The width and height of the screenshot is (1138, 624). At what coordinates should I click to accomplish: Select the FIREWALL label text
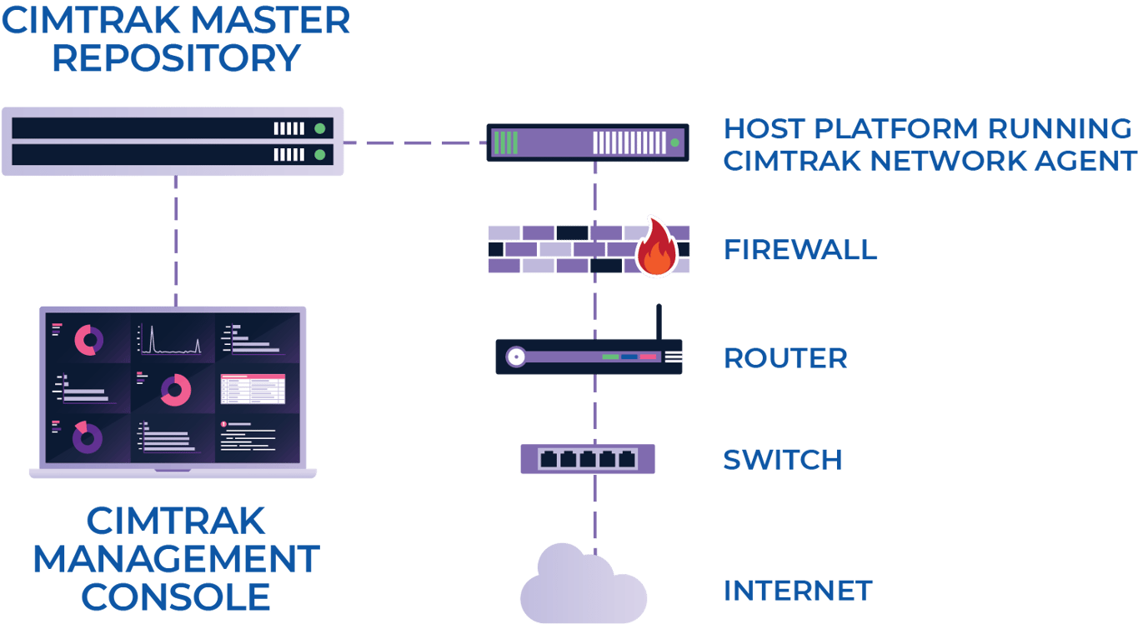800,250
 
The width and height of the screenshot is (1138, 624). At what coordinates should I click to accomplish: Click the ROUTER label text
785,358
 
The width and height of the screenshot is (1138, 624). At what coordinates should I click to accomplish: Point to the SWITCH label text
782,460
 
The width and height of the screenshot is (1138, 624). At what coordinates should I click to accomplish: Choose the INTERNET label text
797,591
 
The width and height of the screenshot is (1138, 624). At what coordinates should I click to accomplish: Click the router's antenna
659,322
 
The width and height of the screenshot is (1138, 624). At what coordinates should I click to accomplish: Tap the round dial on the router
516,357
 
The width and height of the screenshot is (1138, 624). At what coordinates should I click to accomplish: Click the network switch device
588,459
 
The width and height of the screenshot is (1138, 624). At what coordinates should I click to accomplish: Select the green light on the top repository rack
319,129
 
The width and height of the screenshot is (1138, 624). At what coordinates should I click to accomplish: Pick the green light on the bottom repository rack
319,155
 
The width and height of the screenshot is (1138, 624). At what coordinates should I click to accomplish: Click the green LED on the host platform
674,143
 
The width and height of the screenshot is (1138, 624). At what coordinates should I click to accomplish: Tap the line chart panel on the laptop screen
172,338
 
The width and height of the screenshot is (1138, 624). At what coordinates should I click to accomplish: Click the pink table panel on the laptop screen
253,389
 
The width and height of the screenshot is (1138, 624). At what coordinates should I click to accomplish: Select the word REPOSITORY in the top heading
175,58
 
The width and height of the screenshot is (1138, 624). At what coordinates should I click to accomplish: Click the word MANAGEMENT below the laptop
175,559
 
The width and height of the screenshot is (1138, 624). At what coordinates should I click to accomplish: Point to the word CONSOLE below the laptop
175,597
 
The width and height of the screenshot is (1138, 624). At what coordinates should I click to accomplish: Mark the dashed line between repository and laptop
175,242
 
